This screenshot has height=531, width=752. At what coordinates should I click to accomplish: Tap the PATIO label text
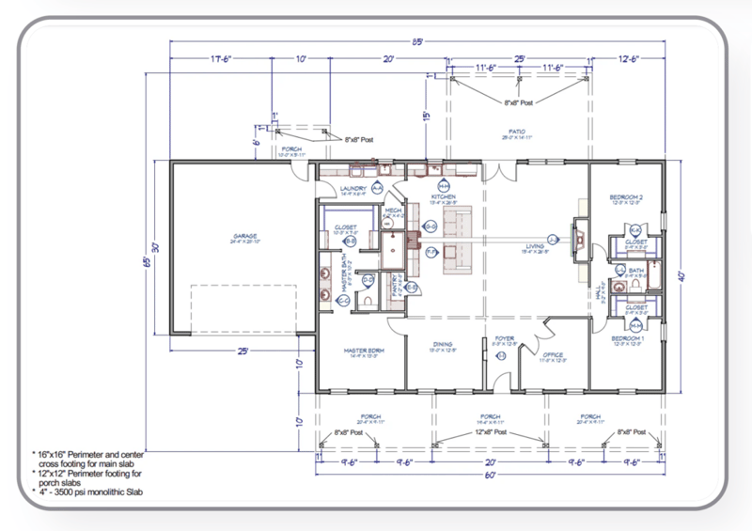[x=516, y=132]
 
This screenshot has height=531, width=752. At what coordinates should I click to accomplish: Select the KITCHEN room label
[x=444, y=196]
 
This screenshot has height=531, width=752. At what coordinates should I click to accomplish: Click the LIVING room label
[x=536, y=247]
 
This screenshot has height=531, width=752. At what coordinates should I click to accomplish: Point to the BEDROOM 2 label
[x=625, y=196]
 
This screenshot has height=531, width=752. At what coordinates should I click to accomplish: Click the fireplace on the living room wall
[x=579, y=240]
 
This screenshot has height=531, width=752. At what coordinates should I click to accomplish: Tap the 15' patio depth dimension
[x=426, y=116]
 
